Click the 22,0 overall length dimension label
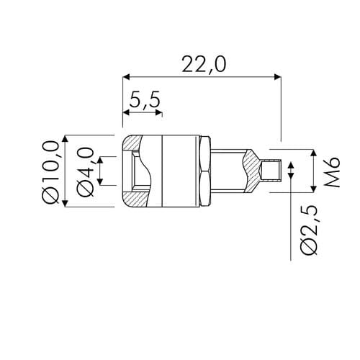point(204,64)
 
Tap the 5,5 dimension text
point(145,100)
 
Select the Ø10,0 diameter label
point(50,172)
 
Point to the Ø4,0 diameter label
point(86,172)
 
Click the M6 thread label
point(332,172)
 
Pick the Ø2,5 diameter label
point(310,230)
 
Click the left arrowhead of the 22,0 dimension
point(126,77)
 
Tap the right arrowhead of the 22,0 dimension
point(277,77)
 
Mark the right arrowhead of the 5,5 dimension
point(158,112)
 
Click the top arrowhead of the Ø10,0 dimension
point(66,139)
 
